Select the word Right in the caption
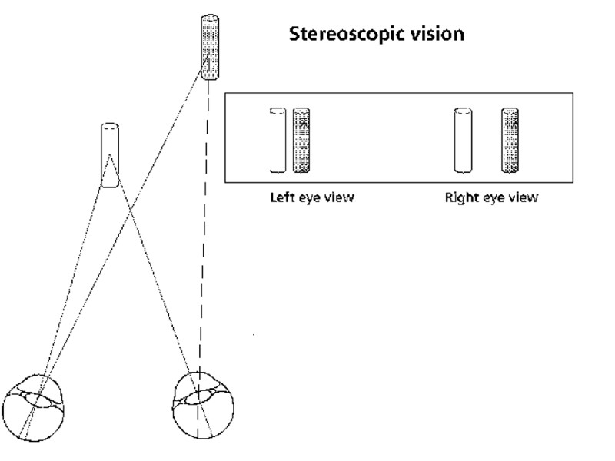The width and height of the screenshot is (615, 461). (x=460, y=197)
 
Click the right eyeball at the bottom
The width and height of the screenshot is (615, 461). (x=202, y=403)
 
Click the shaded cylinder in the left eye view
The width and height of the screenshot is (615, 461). (x=302, y=141)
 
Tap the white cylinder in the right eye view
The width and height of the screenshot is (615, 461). (x=462, y=141)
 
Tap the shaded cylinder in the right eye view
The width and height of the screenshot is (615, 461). (x=510, y=141)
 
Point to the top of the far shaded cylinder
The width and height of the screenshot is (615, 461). (x=208, y=17)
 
